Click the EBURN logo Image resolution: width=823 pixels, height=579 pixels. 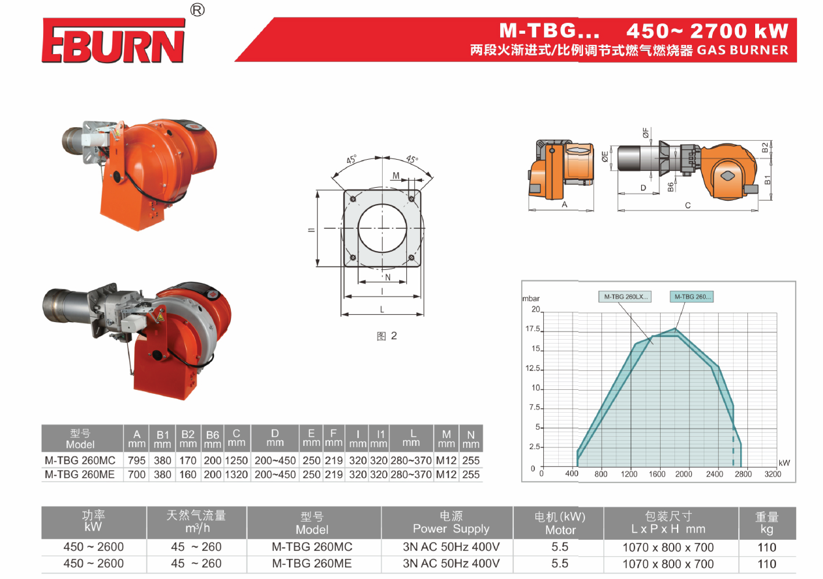(113, 40)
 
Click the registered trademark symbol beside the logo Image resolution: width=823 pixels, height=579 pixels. (198, 10)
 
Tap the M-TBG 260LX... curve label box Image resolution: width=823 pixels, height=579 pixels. (625, 297)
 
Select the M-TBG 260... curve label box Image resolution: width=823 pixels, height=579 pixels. (691, 297)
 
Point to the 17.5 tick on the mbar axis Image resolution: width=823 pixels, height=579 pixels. (533, 329)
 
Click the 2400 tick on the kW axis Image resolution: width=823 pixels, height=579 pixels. (715, 474)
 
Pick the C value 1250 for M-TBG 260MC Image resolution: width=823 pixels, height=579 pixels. (236, 460)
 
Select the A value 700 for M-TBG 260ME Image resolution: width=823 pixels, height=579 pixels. (137, 475)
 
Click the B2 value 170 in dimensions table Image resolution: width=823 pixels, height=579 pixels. (188, 460)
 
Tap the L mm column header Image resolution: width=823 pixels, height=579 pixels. (411, 438)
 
